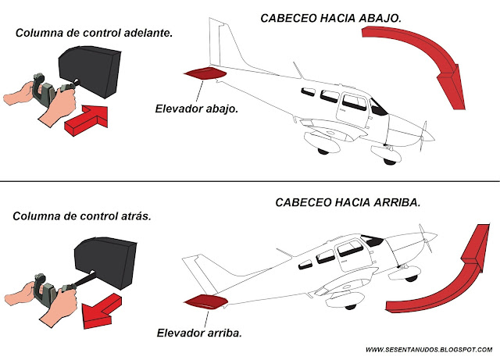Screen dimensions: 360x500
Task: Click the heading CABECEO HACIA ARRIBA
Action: (348, 202)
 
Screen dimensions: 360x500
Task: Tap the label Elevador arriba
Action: (199, 333)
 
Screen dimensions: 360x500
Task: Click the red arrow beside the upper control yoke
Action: (86, 119)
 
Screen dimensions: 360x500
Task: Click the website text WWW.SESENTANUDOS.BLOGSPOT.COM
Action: (428, 349)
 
